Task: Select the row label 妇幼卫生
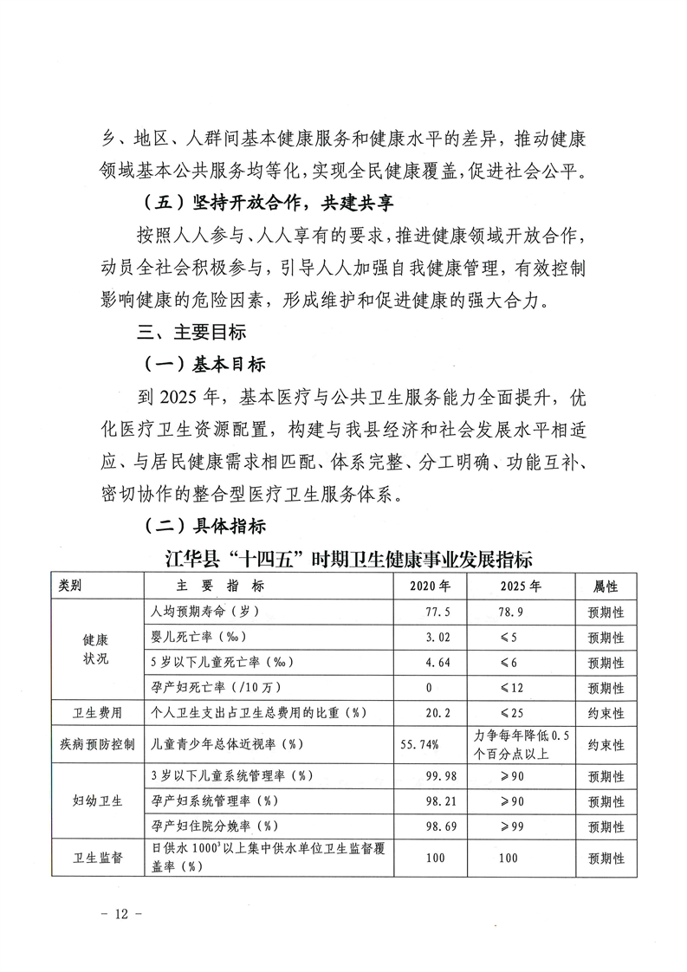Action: click(x=97, y=800)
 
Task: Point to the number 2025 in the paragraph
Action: click(x=180, y=397)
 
